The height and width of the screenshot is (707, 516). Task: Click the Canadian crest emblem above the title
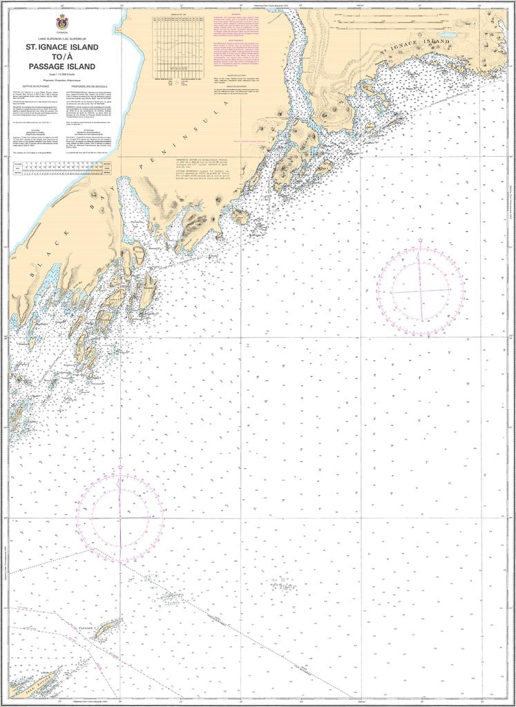coord(62,21)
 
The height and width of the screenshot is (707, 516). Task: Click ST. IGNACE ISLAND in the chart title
coord(62,48)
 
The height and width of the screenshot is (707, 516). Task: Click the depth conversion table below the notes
coord(61,170)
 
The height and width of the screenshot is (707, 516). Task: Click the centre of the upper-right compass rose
coord(420,289)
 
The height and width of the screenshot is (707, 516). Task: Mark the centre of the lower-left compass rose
coord(120,517)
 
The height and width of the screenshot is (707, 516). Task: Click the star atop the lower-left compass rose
coord(120,467)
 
